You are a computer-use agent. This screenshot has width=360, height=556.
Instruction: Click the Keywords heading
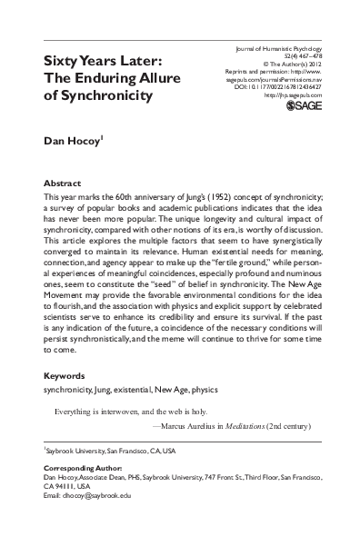(x=66, y=401)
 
